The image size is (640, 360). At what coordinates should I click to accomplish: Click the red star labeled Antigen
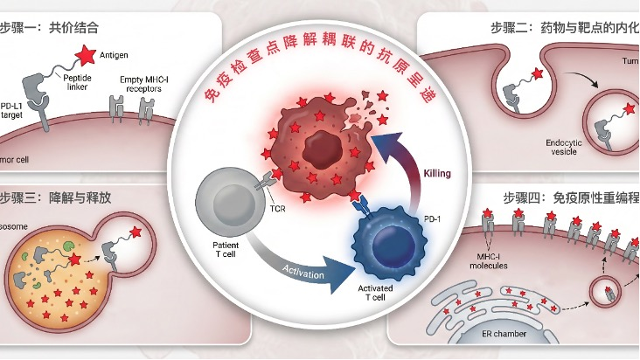coord(87,58)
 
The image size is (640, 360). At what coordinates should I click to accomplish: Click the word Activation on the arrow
coord(303,274)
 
